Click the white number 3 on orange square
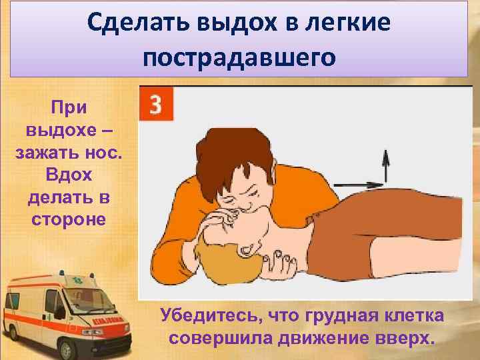point(155,105)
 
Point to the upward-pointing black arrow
point(385,163)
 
